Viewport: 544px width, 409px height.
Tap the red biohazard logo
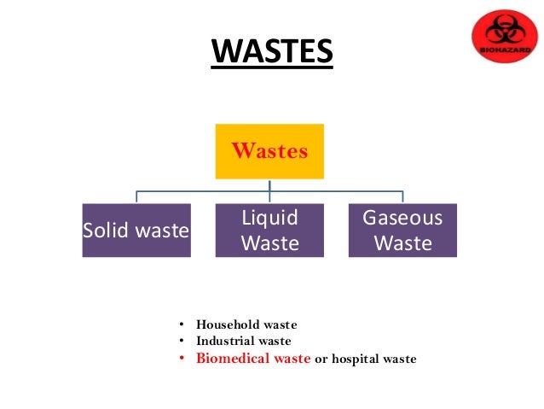[x=505, y=35]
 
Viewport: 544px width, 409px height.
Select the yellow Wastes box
[x=269, y=151]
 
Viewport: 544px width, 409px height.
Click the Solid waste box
[x=136, y=230]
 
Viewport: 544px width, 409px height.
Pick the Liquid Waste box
[x=269, y=230]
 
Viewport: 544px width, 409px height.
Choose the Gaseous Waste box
[x=402, y=230]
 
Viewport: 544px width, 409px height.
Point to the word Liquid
[x=269, y=217]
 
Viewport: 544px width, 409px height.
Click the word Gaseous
[x=402, y=217]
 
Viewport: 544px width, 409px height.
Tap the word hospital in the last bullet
[x=357, y=359]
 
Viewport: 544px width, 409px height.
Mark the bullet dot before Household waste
[x=182, y=325]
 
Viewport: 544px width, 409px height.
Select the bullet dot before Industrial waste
[x=182, y=342]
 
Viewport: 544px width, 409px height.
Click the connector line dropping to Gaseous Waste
[x=402, y=197]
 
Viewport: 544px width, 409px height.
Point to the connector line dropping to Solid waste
[x=136, y=197]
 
